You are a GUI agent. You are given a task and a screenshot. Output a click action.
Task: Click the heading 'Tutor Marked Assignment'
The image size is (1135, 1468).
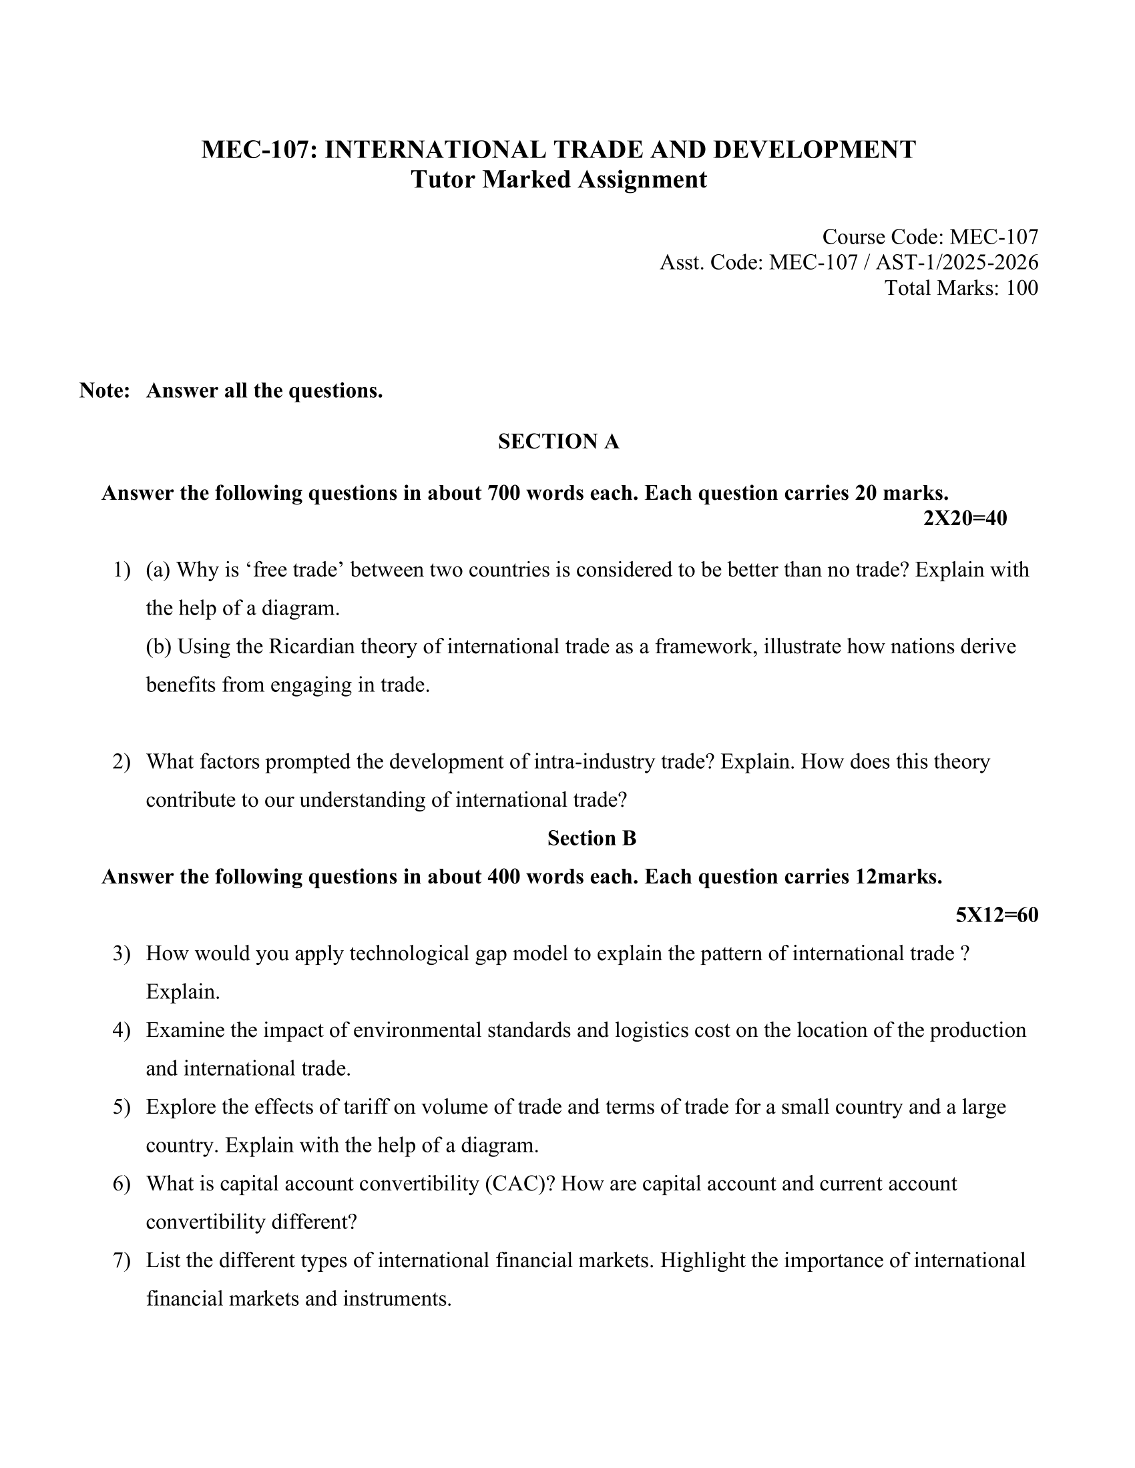point(559,179)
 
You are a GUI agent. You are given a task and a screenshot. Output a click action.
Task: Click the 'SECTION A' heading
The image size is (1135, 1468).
point(558,442)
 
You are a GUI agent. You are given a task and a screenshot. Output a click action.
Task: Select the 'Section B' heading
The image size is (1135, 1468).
point(592,838)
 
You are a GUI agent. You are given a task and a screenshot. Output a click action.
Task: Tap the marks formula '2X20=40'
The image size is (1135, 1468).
point(965,518)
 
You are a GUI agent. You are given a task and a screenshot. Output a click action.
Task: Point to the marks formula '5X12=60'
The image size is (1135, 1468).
point(997,915)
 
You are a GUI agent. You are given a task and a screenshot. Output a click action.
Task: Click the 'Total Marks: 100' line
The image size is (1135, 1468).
point(961,288)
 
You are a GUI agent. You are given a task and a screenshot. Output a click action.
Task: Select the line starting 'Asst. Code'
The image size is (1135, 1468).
point(849,262)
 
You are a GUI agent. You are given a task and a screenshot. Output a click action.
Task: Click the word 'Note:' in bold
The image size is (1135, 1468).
point(104,390)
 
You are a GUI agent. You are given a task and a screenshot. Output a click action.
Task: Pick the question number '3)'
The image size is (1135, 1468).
point(121,954)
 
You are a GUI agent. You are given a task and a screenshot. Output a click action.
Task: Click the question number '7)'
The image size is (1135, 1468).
point(121,1260)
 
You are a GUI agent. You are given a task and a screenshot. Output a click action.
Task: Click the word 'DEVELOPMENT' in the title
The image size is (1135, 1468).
point(815,149)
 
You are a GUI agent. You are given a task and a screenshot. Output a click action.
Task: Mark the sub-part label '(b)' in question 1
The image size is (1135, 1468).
point(159,647)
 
